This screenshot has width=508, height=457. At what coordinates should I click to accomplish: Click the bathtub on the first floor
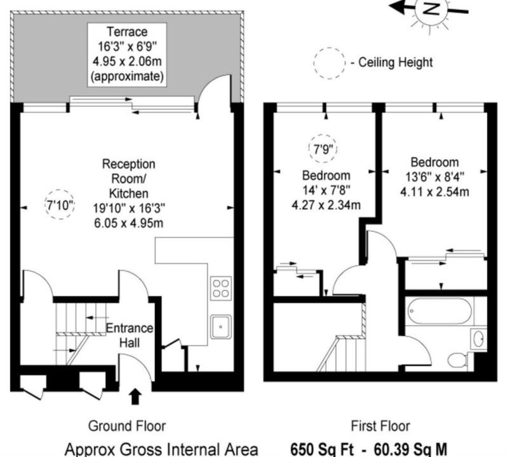(x=440, y=311)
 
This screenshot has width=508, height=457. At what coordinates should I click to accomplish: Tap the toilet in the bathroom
(x=457, y=360)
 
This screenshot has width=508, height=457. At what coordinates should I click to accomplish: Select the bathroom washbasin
(x=479, y=338)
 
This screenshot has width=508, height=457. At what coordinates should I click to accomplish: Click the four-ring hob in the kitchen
(x=221, y=288)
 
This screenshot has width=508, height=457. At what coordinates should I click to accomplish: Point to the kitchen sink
(x=221, y=326)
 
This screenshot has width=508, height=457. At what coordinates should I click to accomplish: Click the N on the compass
(x=431, y=10)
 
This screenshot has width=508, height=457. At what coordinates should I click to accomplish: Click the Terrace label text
(x=127, y=32)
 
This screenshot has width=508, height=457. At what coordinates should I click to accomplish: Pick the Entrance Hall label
(x=130, y=335)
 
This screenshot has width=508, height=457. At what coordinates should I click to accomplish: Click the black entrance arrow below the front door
(x=135, y=397)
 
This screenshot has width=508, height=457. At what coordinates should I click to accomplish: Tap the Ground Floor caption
(x=127, y=426)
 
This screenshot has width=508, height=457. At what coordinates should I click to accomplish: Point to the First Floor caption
(x=380, y=426)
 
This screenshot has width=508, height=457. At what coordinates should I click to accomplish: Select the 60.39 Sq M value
(x=411, y=449)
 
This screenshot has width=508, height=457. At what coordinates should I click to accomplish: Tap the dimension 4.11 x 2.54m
(x=435, y=192)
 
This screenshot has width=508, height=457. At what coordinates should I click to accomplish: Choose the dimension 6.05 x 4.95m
(x=129, y=223)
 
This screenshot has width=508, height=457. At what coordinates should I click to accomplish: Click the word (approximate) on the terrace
(x=127, y=77)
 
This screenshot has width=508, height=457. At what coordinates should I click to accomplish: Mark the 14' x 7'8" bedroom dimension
(x=326, y=190)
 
